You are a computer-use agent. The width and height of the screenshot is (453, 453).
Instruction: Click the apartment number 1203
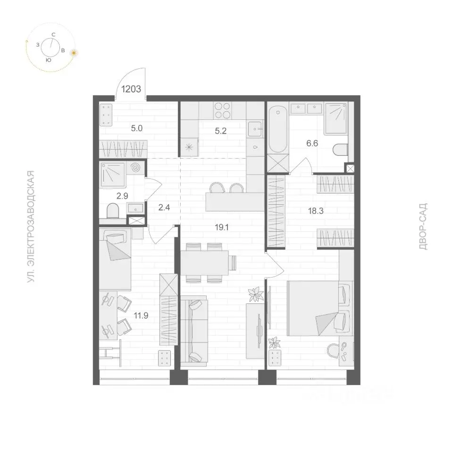pos(131,89)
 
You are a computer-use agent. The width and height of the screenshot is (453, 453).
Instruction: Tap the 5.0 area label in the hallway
pos(137,128)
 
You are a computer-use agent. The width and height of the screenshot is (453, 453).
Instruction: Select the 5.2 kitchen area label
pos(221,131)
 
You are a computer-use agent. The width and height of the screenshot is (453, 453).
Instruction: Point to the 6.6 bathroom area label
pos(312,143)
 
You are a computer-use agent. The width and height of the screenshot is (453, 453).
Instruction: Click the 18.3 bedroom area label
pos(316,211)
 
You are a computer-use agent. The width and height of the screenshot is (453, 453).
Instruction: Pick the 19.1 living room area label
pos(222,227)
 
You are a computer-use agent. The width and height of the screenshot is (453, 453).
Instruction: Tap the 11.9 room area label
pos(141,316)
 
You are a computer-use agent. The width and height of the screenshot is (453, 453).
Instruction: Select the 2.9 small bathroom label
pos(122,196)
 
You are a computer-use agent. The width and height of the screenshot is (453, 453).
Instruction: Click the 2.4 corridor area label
pos(164,207)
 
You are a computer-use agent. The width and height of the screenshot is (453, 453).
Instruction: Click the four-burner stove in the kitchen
pos(223,110)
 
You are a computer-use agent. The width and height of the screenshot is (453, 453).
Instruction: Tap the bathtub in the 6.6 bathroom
pos(278,128)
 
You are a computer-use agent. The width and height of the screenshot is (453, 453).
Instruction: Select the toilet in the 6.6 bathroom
pos(341,150)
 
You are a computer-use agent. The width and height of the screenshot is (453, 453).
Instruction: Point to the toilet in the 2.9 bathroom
pos(113,211)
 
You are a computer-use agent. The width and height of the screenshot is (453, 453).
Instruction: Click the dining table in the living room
pos(204,263)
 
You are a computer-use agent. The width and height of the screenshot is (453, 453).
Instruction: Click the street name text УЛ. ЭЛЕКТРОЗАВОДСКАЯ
pos(31,226)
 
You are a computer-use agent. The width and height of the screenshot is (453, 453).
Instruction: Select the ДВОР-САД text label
pos(423,226)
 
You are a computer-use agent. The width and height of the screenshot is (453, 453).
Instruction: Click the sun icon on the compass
pos(75,53)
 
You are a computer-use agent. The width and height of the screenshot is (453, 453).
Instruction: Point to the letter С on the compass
pos(53,34)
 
